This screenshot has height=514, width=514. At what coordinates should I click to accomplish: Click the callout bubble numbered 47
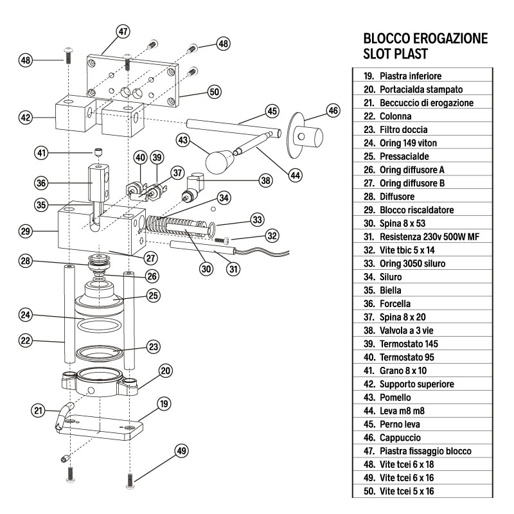pos(123,31)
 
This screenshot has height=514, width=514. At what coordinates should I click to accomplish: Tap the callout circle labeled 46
pos(333,111)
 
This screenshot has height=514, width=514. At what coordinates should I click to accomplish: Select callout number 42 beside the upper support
pos(26,118)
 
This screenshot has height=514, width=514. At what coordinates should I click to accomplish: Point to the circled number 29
pos(26,229)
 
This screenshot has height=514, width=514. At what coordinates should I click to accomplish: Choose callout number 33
pos(257,220)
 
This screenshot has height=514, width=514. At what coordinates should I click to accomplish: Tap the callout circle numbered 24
pos(26,315)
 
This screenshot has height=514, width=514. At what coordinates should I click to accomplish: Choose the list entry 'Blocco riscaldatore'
pos(414,210)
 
